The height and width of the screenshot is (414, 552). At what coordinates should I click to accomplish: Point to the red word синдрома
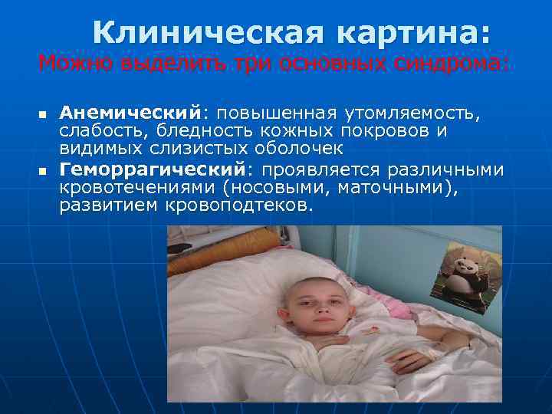click(x=453, y=62)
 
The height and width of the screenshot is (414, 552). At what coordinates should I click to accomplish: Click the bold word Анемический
click(x=130, y=114)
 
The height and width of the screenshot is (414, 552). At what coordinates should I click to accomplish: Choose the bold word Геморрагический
click(x=151, y=169)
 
